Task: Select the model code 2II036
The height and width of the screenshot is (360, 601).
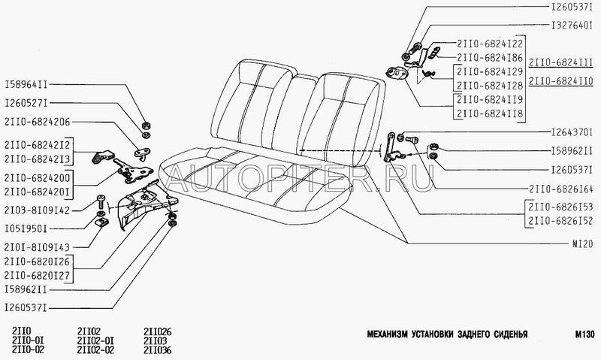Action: [x=157, y=350]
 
